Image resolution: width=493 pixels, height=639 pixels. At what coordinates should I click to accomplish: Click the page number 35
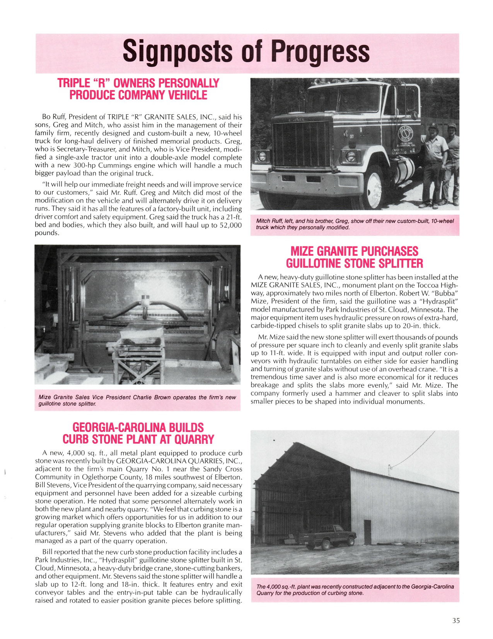click(456, 620)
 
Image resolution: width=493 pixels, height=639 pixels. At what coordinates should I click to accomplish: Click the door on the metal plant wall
click(367, 532)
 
